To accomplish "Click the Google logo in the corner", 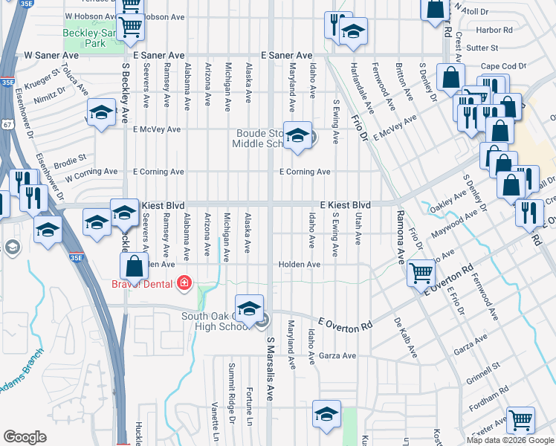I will [x=25, y=437].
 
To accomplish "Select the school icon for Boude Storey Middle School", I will [x=297, y=136].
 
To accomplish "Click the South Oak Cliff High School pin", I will [x=249, y=308].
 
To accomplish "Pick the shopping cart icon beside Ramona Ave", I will [x=421, y=274].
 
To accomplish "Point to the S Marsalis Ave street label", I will [x=271, y=379].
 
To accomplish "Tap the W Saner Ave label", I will [x=51, y=56].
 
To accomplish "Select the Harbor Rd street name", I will [x=497, y=30].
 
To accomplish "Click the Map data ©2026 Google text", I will [x=510, y=440].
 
